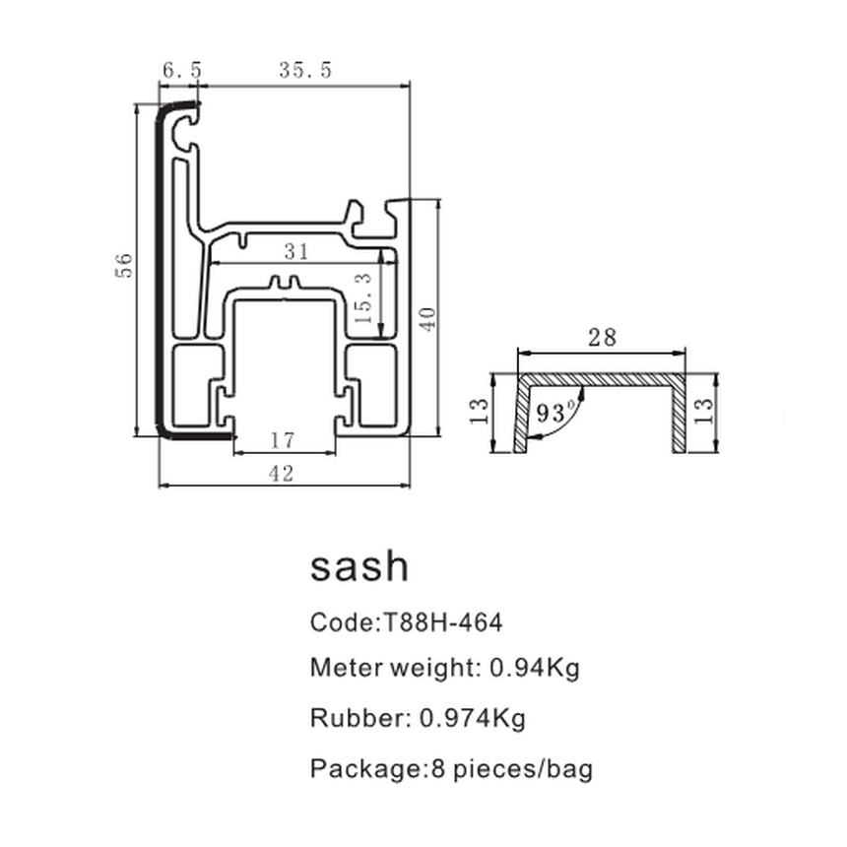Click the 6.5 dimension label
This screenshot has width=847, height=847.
(182, 70)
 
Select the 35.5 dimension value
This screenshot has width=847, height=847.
(305, 70)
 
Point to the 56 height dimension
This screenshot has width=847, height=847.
(123, 265)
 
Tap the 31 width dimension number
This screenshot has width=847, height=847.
(296, 252)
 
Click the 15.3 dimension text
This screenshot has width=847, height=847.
(364, 299)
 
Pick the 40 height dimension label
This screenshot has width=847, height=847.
(425, 318)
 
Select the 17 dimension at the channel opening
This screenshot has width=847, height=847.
(284, 441)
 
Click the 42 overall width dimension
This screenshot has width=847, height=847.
(282, 474)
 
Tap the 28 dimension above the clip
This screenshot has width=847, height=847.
(602, 338)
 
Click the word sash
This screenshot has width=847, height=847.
(358, 566)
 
